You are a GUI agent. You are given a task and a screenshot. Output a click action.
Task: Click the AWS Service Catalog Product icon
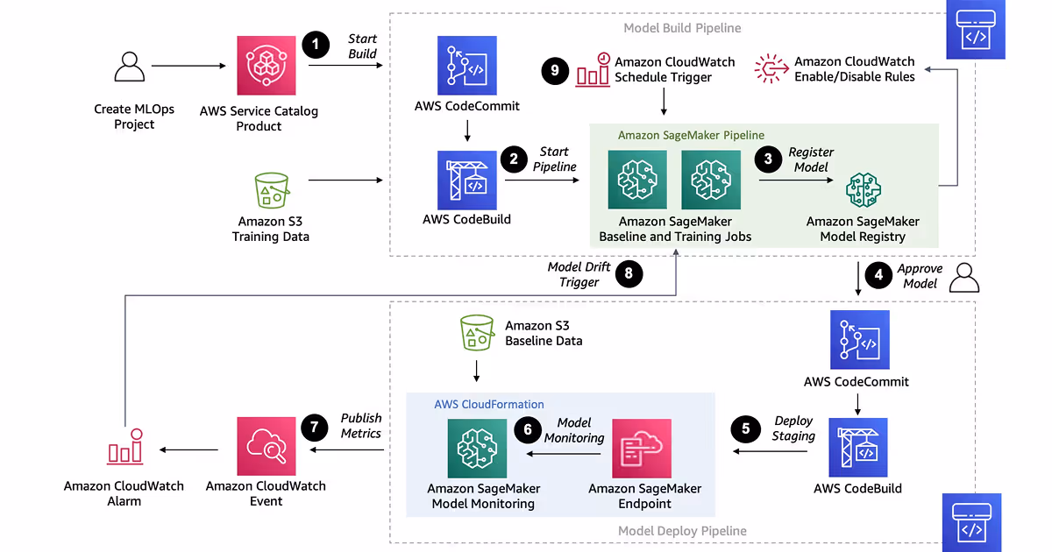(266, 65)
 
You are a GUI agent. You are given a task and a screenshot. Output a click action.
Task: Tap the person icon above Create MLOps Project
(130, 67)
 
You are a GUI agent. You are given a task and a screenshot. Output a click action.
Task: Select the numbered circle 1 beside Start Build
(316, 46)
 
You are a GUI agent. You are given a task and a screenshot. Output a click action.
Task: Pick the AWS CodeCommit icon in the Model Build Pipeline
(467, 66)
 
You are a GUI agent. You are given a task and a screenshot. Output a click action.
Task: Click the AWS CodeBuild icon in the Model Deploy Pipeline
(858, 447)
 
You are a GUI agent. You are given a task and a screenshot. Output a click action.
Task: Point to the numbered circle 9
(555, 71)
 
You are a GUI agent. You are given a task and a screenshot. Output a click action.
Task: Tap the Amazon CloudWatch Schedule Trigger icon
(593, 71)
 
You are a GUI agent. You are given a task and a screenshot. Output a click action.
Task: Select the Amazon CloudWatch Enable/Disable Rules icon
(771, 68)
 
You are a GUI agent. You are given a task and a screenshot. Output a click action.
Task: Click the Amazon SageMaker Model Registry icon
(863, 189)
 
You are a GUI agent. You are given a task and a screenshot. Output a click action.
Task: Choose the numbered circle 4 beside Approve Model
(878, 274)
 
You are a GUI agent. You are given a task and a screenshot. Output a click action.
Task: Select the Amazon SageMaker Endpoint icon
(642, 449)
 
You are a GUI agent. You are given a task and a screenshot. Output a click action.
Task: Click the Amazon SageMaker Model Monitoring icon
(478, 448)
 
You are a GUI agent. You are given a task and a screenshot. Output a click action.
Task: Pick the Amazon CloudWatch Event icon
(267, 447)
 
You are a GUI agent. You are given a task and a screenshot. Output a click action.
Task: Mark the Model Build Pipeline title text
(682, 28)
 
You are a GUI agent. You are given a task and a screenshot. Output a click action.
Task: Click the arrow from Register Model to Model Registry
(796, 180)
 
